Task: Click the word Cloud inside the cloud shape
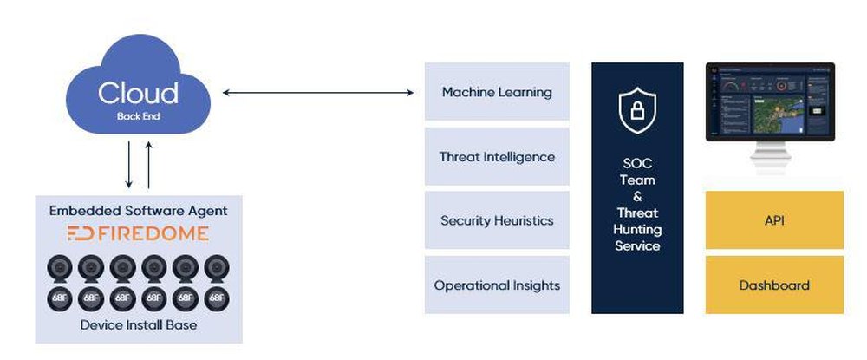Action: point(138,93)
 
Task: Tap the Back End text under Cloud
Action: point(138,115)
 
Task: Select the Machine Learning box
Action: point(497,92)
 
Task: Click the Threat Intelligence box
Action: point(497,157)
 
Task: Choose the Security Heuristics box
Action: point(497,220)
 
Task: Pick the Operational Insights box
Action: point(497,285)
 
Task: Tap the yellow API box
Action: point(774,220)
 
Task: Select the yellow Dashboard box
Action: point(774,285)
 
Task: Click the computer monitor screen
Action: point(769,101)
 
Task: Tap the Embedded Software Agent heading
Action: point(139,211)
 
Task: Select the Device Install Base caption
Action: point(138,325)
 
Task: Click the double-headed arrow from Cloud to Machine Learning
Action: point(318,91)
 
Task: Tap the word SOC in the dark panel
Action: point(637,164)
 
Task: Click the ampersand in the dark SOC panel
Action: point(637,197)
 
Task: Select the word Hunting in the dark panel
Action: point(637,230)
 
